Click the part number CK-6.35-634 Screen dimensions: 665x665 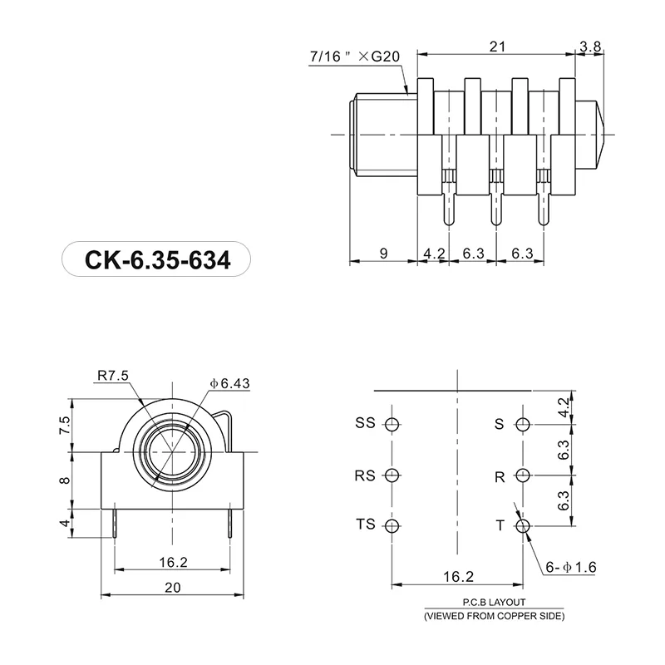click(x=155, y=260)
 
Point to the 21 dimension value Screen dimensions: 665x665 click(x=497, y=47)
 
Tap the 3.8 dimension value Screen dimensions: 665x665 click(x=591, y=47)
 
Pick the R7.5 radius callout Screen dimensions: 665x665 click(x=113, y=376)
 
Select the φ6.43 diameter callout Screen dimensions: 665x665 click(x=230, y=383)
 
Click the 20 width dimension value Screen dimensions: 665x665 click(x=172, y=586)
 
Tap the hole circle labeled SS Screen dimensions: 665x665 click(x=393, y=425)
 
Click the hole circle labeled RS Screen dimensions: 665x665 click(x=393, y=475)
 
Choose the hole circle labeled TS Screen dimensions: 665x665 click(x=393, y=525)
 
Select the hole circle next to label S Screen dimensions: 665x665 click(x=523, y=425)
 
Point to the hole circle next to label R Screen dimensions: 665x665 click(x=523, y=475)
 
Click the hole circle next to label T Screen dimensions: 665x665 click(x=523, y=525)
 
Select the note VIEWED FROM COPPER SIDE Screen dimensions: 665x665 click(x=494, y=617)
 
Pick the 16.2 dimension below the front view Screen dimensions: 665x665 click(x=172, y=562)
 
